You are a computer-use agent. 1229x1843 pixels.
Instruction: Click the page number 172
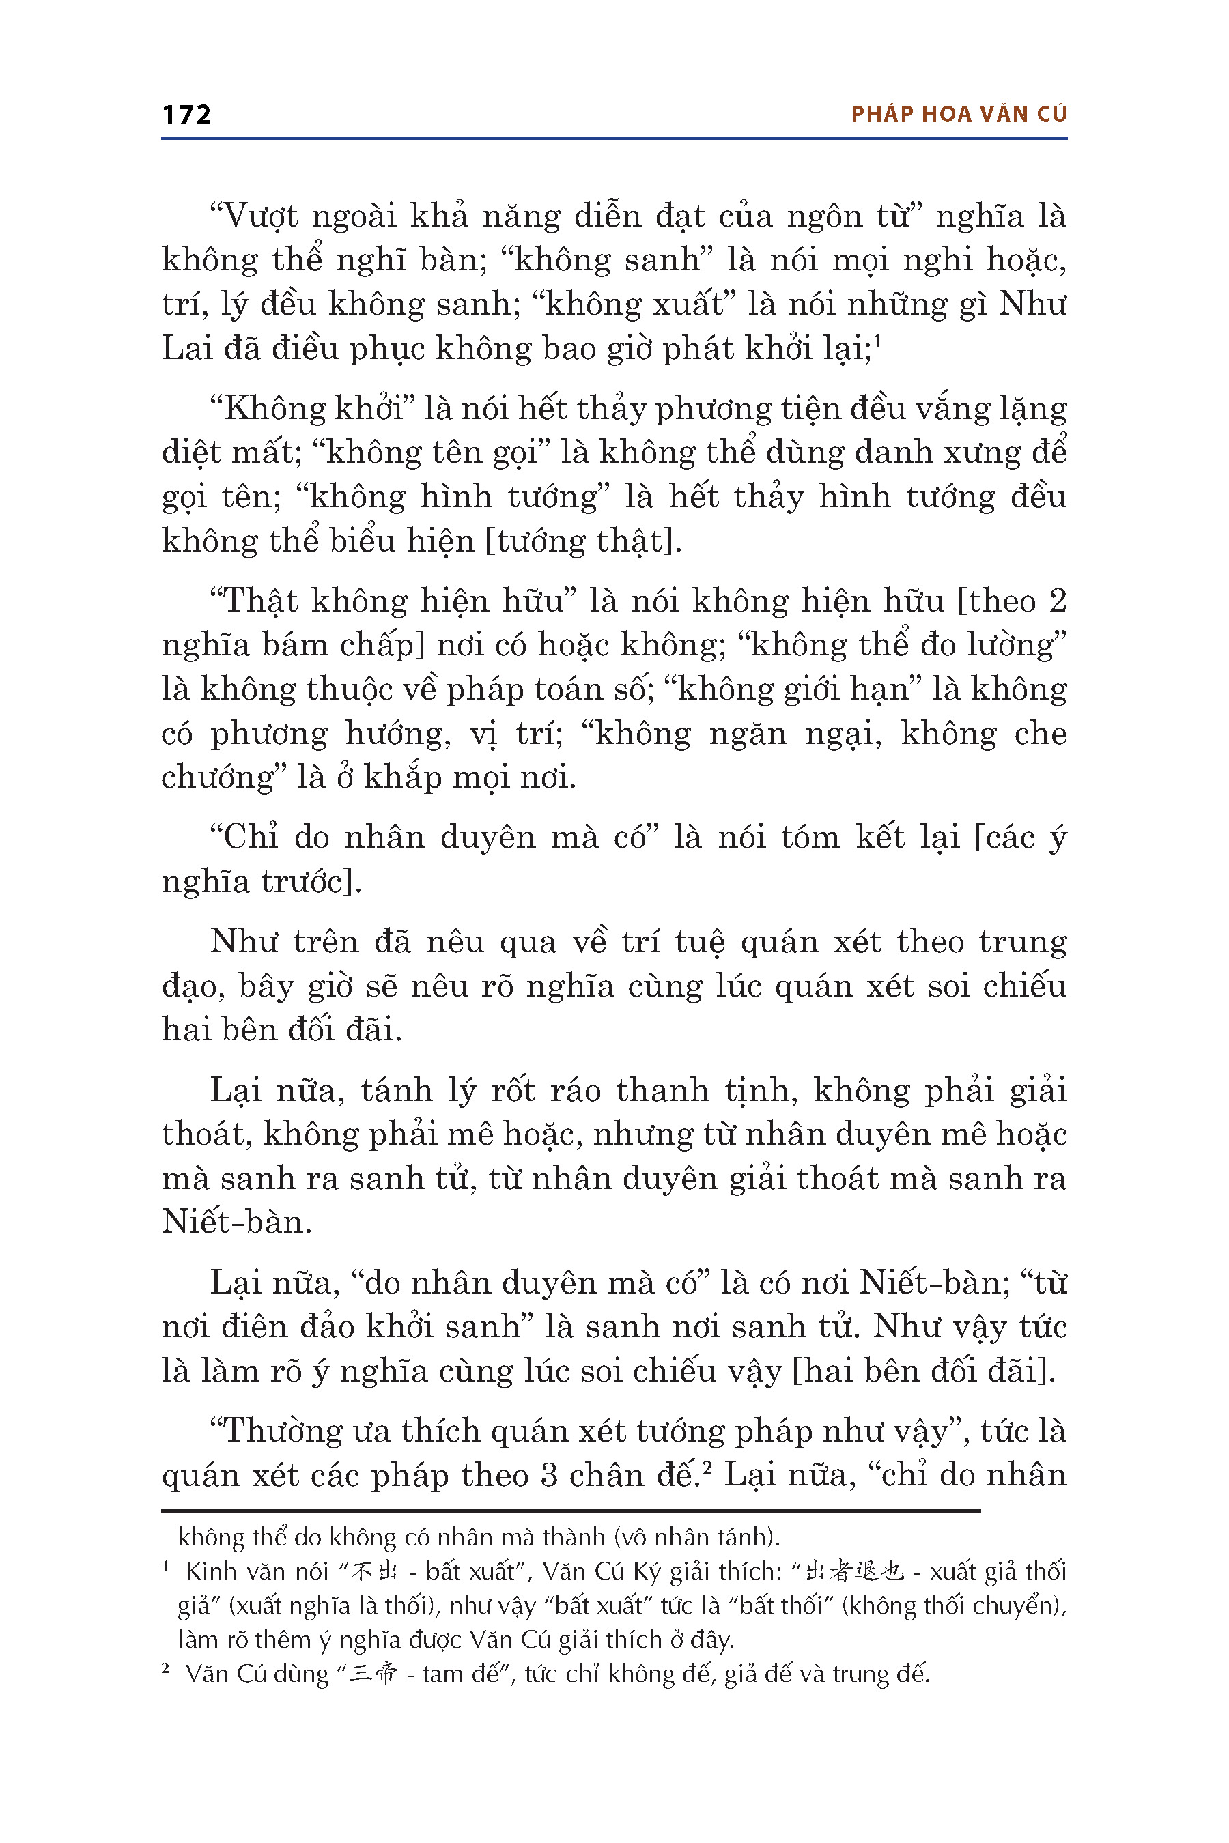(x=186, y=115)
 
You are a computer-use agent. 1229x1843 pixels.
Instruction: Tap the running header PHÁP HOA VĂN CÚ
(x=959, y=115)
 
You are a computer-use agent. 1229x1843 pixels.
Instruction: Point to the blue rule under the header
(x=614, y=139)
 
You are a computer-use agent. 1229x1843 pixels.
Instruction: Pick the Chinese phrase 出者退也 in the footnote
(x=854, y=1571)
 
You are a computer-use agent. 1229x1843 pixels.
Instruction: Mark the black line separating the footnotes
(x=571, y=1510)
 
